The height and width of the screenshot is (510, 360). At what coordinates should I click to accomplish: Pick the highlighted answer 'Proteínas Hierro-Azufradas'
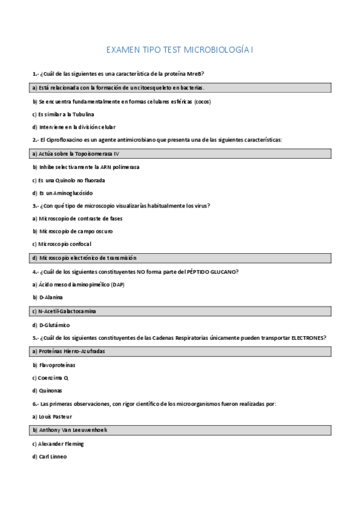[70, 351]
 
